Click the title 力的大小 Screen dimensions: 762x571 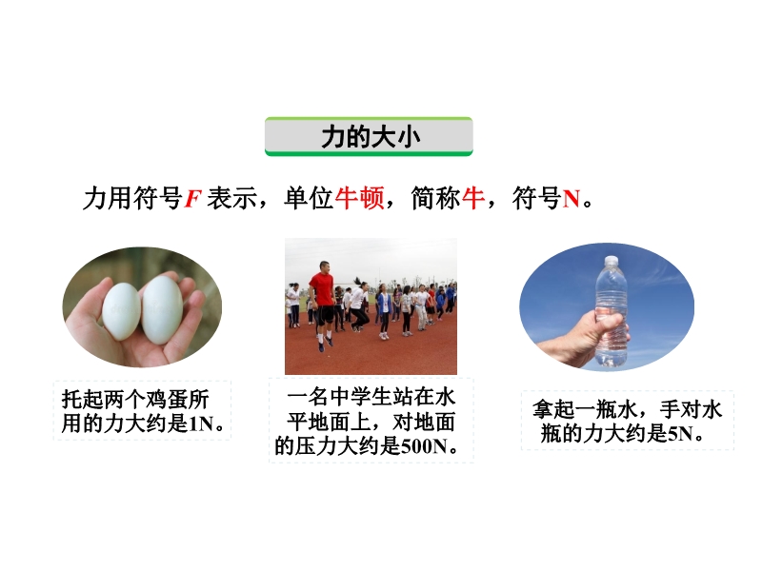371,136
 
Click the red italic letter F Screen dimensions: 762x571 192,199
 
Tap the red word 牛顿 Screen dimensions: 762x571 359,198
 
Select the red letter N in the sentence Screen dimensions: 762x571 571,199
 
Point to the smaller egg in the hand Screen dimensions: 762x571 122,311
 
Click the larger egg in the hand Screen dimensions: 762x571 162,309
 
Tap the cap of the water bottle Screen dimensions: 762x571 612,261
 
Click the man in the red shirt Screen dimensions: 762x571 321,305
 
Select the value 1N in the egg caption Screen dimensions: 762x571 201,423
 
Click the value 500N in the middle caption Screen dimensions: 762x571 424,445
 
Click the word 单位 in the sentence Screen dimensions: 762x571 309,198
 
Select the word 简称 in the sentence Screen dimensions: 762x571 436,198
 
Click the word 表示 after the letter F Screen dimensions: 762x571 231,198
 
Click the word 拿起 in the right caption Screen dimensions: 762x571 553,409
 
